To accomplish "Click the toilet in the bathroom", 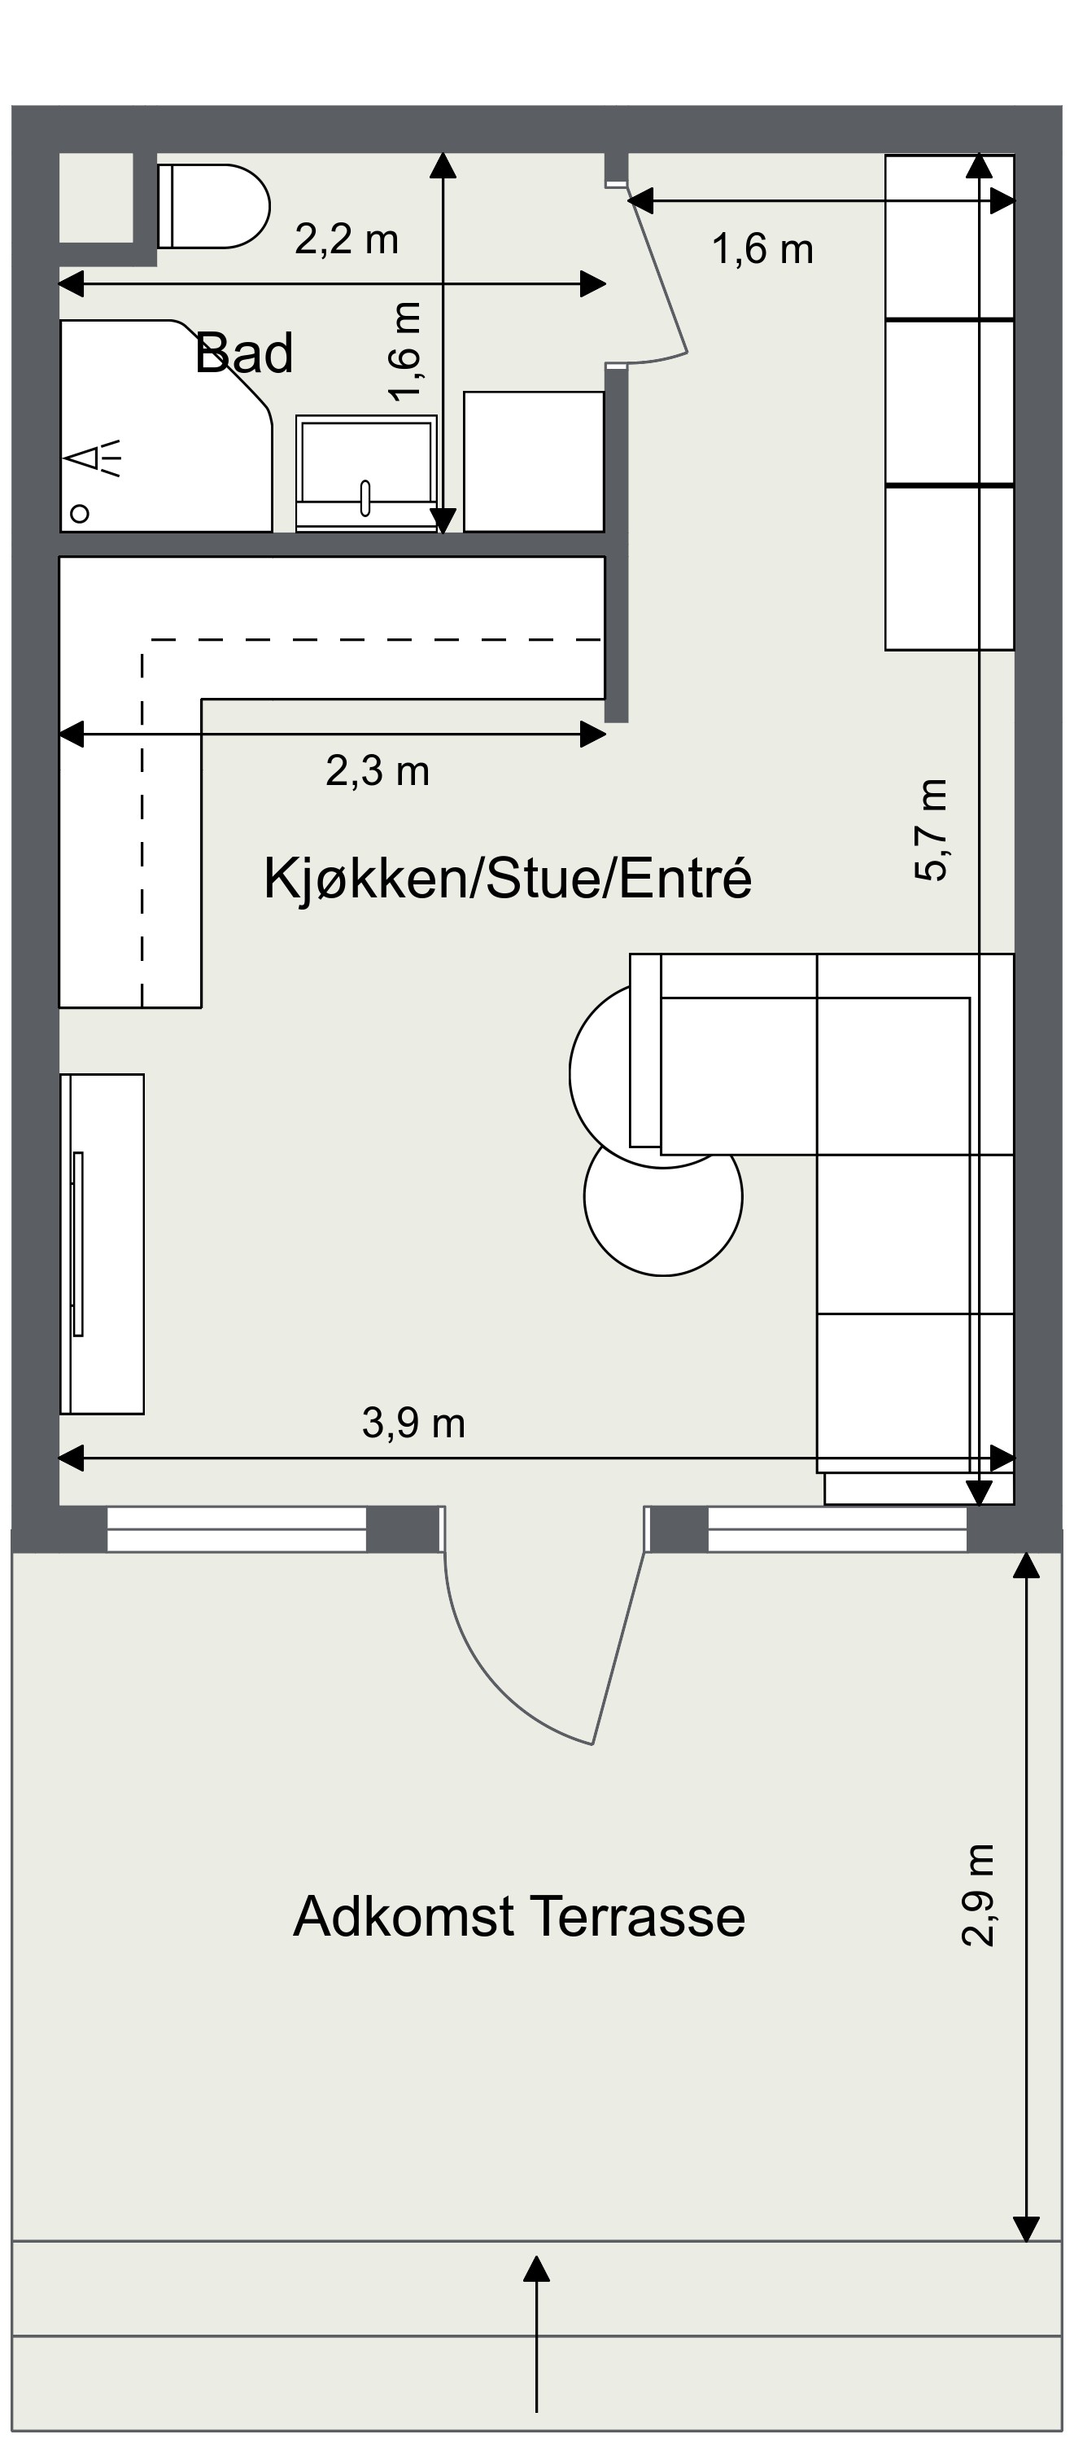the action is tap(213, 206).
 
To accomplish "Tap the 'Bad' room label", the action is tap(243, 353).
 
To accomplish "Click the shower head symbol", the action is tap(98, 458).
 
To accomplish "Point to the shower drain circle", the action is tap(81, 513).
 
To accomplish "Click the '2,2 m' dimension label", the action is tap(346, 239).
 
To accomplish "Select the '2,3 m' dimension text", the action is tap(378, 771).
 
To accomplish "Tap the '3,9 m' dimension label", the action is tap(413, 1423).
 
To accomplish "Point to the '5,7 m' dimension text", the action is tap(932, 830).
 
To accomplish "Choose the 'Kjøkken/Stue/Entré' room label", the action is tap(507, 878).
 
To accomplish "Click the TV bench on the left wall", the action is tap(103, 1244).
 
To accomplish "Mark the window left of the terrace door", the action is tap(236, 1529).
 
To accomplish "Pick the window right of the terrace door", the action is tap(837, 1529).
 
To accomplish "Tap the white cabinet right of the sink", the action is tap(534, 462).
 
